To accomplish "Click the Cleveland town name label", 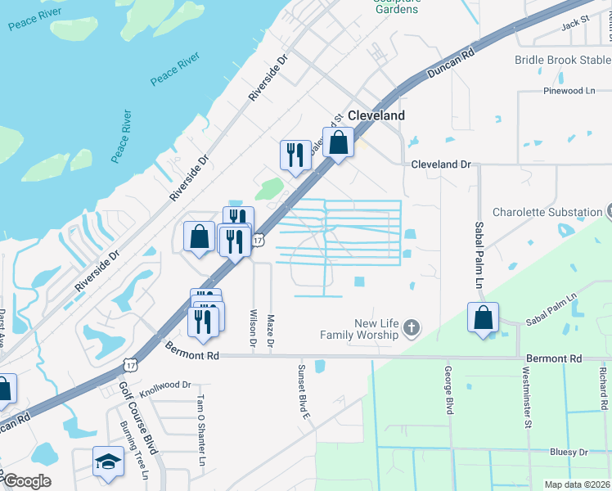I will (x=376, y=116).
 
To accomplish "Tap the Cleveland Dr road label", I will (x=441, y=164).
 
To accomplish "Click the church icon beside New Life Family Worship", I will (x=412, y=329).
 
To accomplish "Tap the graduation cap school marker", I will (x=108, y=463).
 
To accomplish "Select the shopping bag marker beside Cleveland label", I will (x=338, y=142).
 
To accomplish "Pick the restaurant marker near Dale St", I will (x=295, y=155).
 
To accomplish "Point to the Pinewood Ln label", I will (x=569, y=92).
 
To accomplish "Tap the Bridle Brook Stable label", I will (x=563, y=60).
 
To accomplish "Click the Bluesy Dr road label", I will (x=569, y=452).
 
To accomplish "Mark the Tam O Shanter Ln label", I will (x=200, y=430).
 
